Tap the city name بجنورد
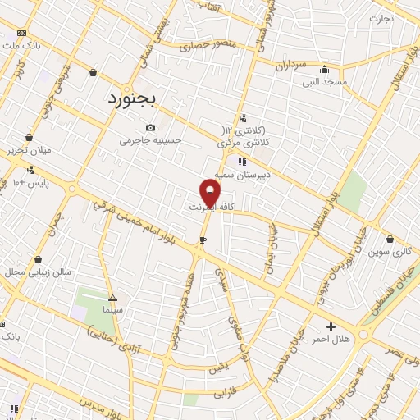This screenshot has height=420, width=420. pyautogui.click(x=136, y=98)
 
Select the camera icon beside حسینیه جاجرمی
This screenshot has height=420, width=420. pyautogui.click(x=150, y=127)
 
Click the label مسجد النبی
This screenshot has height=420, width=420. pyautogui.click(x=325, y=82)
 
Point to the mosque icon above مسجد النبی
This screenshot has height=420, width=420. pyautogui.click(x=325, y=69)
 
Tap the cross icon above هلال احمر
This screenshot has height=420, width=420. pyautogui.click(x=331, y=326)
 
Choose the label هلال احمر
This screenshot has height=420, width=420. pyautogui.click(x=333, y=339)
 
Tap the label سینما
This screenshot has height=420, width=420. pyautogui.click(x=112, y=312)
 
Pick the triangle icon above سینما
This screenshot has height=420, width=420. pyautogui.click(x=112, y=299)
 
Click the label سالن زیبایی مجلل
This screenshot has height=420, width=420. pyautogui.click(x=39, y=272)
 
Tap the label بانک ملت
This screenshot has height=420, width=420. pyautogui.click(x=22, y=45)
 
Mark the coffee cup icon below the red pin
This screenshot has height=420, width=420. pyautogui.click(x=202, y=240)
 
